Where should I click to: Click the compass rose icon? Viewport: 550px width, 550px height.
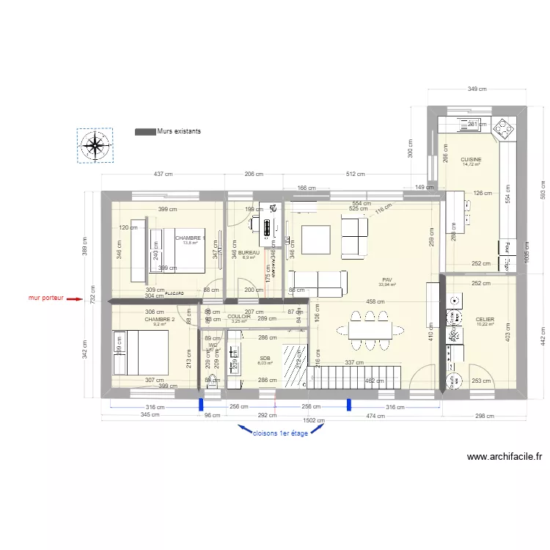(95, 145)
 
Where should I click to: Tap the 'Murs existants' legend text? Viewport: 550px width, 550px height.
(178, 131)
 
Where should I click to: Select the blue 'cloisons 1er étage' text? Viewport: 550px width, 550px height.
(279, 433)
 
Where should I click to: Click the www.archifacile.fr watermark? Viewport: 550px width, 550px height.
(505, 456)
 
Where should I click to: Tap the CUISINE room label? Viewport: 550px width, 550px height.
(471, 159)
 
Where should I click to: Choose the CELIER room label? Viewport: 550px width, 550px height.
(485, 319)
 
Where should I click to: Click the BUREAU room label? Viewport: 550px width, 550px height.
(249, 252)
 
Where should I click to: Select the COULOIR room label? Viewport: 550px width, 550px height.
(239, 317)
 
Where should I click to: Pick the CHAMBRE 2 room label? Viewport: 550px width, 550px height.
(159, 320)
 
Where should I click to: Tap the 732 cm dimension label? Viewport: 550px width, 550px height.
(93, 293)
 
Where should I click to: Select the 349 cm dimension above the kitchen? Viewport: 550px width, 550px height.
(477, 89)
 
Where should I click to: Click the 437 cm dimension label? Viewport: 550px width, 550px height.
(163, 175)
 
